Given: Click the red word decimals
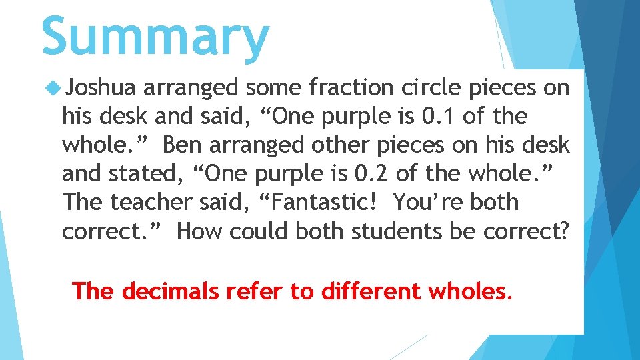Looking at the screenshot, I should click(x=169, y=291).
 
